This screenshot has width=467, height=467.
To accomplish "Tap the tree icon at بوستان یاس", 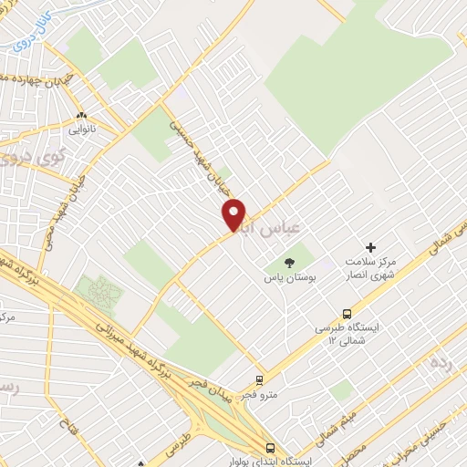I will [x=289, y=263].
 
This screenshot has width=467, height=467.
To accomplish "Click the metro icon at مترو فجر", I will [x=260, y=381].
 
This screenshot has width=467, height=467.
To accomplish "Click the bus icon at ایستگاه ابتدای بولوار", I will [x=270, y=448].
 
